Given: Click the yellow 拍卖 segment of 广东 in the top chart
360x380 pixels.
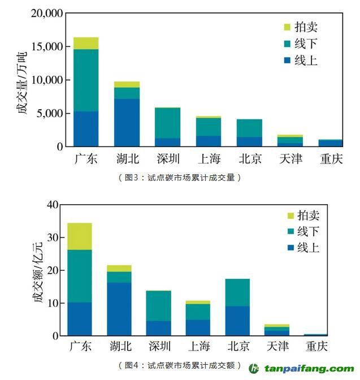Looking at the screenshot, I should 86,43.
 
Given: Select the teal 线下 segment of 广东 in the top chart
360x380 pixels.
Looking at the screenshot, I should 86,80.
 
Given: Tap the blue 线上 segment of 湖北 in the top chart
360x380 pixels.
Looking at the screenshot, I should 127,123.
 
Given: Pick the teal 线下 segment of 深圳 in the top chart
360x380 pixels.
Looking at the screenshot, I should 168,123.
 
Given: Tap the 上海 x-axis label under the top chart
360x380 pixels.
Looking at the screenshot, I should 209,159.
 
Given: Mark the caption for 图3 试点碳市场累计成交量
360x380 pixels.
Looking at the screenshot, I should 180,178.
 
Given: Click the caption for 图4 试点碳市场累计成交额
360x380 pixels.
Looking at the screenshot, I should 180,365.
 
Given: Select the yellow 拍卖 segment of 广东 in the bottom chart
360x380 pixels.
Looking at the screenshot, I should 80,236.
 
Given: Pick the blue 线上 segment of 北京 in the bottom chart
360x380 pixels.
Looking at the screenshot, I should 237,321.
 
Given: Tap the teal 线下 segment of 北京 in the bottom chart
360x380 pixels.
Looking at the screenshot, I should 237,292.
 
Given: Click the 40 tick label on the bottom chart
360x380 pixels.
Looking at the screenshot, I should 52,205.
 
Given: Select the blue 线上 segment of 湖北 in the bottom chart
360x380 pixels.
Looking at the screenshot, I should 119,309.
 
